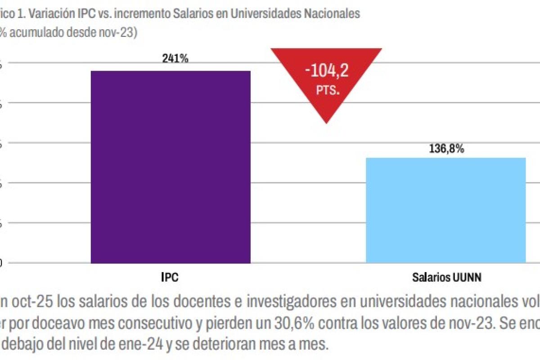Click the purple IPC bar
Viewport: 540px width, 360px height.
(171, 166)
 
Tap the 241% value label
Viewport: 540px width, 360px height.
(175, 59)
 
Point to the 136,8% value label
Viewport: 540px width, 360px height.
(446, 148)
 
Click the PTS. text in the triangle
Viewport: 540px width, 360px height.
(327, 90)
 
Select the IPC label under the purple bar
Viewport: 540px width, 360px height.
(170, 278)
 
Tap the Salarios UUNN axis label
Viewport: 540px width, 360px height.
(446, 278)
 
